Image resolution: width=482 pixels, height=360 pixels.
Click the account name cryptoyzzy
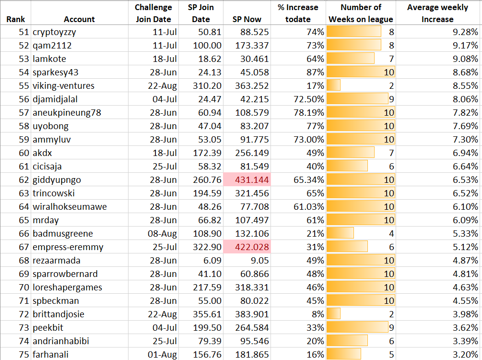pos(54,32)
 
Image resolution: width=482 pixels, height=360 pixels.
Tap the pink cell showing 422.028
pos(247,247)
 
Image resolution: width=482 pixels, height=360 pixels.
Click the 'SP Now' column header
pos(247,19)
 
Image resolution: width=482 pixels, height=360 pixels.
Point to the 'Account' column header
pos(79,19)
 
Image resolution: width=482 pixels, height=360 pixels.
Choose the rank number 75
pos(24,354)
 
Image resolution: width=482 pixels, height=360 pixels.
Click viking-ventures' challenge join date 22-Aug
pos(162,86)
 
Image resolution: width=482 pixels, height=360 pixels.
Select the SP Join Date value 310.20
pos(207,86)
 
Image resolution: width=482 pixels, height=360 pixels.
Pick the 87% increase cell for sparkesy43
pos(315,72)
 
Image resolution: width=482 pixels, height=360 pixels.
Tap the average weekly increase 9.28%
pos(465,32)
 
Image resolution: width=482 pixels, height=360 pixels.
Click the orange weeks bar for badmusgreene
pos(340,234)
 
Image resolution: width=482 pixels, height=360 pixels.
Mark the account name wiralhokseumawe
pos(70,207)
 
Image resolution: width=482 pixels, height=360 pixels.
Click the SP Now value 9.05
pos(260,260)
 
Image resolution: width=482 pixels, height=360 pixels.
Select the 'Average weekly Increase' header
pos(438,13)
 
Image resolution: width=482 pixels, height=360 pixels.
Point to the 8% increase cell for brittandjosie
pos(318,314)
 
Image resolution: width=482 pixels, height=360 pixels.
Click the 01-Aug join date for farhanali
pos(162,354)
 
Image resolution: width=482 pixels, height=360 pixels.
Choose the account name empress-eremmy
pos(68,247)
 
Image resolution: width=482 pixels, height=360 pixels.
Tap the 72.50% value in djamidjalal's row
pos(309,99)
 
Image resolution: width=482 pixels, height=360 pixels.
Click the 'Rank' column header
pos(16,19)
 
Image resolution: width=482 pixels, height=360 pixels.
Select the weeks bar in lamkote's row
pos(351,59)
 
